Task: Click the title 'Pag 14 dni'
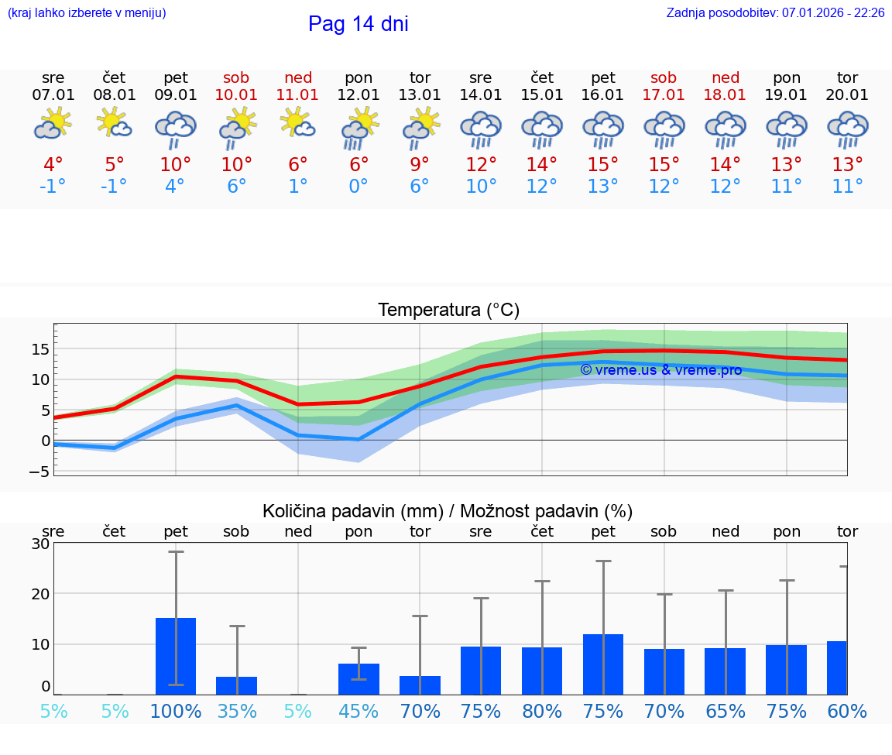pos(358,24)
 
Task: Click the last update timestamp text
pos(775,13)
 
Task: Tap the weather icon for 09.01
pos(176,129)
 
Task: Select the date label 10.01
pos(237,95)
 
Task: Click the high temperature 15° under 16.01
pos(603,165)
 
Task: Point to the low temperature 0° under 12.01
pos(359,187)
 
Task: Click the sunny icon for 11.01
pos(298,124)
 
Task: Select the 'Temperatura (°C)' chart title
pos(448,311)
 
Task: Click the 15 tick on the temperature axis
pos(40,349)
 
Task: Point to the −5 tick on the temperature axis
pos(39,472)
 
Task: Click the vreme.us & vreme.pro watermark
pos(660,370)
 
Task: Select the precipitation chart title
pos(448,511)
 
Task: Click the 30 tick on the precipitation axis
pos(40,544)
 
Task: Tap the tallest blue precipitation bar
pos(176,656)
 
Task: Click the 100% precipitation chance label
pos(176,712)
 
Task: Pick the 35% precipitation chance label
pos(237,712)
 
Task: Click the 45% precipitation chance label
pos(359,712)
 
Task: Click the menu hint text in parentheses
pos(87,13)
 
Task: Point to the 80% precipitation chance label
pos(542,712)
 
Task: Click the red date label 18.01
pos(725,95)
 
